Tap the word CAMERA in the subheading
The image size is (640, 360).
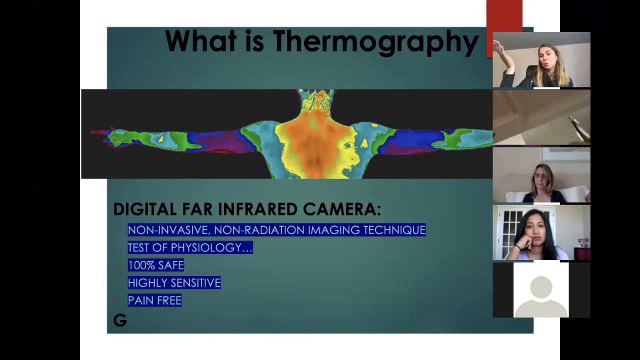342,209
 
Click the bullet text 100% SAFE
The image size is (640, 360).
156,265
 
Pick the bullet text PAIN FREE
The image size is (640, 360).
154,300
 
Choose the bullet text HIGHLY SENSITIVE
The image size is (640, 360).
174,283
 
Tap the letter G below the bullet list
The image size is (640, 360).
120,320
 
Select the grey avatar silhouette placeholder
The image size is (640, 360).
541,296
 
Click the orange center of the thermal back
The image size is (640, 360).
315,137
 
